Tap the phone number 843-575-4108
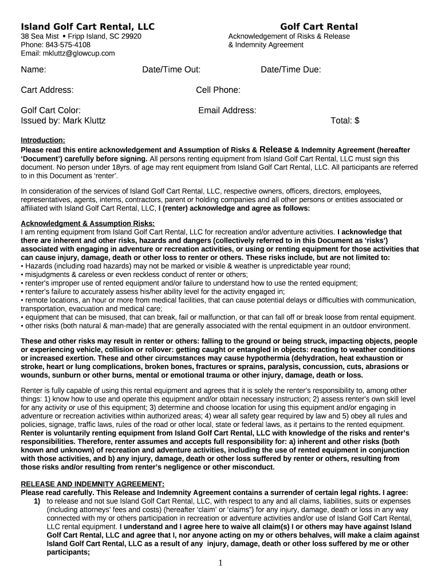[x=68, y=45]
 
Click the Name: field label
[x=33, y=70]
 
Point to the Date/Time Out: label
[x=171, y=70]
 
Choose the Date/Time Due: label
[x=290, y=70]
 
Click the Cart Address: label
[x=47, y=90]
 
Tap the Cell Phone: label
[x=218, y=90]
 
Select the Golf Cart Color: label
[x=50, y=110]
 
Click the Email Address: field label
[x=227, y=110]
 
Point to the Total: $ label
[x=345, y=121]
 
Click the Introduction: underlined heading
[x=43, y=140]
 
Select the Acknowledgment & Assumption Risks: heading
[x=88, y=224]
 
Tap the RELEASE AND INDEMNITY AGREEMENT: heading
[x=92, y=484]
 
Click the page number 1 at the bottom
[x=220, y=563]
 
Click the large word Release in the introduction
[x=279, y=149]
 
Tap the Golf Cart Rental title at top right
[x=318, y=27]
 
